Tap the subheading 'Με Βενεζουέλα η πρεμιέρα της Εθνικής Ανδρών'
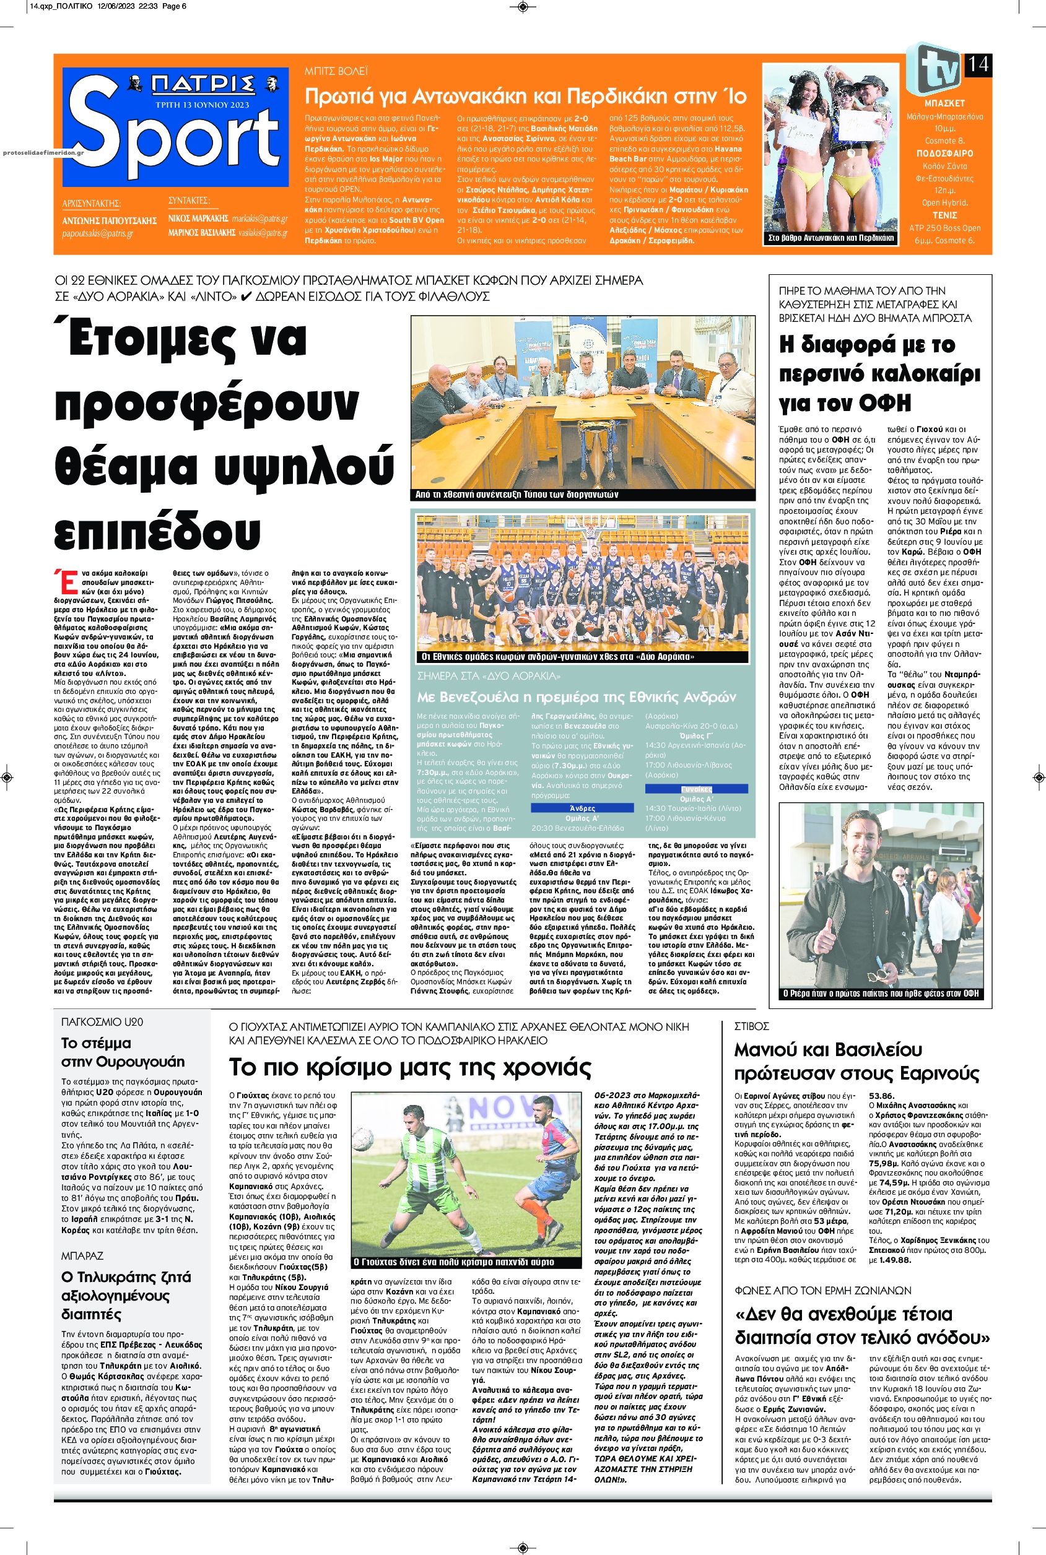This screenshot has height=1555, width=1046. point(577,698)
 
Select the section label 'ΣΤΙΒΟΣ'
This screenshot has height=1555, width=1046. point(752,1026)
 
